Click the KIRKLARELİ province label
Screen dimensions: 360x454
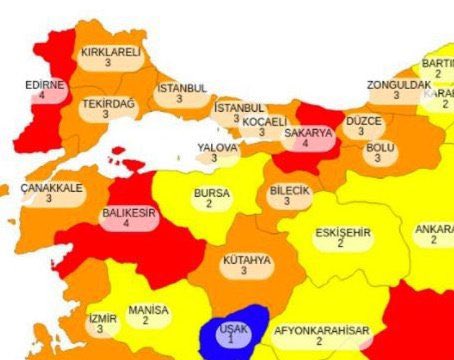[x=110, y=52]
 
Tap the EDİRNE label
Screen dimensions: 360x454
[x=45, y=85]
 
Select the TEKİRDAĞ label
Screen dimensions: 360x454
[x=107, y=102]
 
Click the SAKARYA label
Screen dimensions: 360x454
[x=308, y=132]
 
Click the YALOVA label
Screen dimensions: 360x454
[x=217, y=147]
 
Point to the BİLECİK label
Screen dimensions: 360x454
[x=290, y=190]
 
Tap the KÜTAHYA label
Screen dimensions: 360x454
[x=246, y=259]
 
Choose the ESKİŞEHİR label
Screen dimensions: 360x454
[x=342, y=233]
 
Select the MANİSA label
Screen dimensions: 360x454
[x=148, y=310]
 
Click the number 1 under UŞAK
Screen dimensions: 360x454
[x=230, y=341]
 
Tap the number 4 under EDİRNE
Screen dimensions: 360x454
[x=44, y=97]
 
